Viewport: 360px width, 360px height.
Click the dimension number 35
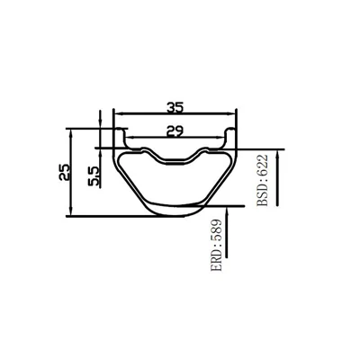(175, 107)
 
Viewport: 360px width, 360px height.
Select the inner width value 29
(175, 131)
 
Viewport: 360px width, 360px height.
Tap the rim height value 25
(65, 172)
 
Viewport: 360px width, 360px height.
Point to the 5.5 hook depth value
(94, 176)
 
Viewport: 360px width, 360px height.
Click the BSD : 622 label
(263, 180)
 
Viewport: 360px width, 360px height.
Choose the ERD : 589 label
(217, 246)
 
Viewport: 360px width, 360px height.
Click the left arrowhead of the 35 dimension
(120, 113)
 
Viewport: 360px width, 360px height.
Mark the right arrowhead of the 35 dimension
(230, 113)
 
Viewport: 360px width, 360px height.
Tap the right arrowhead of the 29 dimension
(220, 138)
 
